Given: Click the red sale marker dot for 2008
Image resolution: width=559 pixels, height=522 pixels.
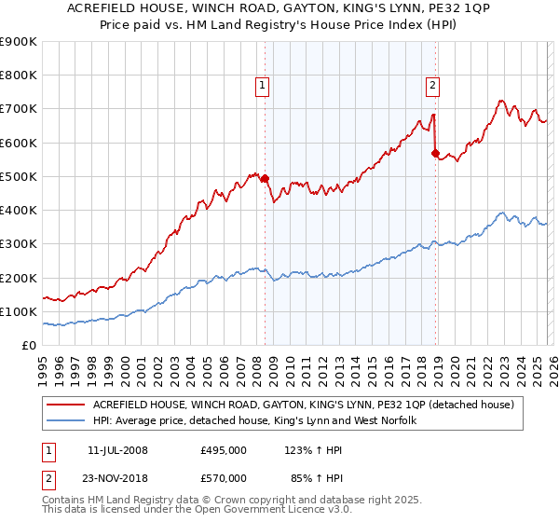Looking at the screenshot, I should coord(265,178).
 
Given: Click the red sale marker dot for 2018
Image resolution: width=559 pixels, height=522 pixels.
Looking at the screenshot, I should coord(435,153).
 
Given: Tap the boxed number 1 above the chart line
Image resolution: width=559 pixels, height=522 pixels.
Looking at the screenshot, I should coord(263,86).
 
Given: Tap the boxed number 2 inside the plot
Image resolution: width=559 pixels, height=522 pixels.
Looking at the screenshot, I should coord(433,86).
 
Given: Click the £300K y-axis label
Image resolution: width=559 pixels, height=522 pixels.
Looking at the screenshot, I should coord(19,244).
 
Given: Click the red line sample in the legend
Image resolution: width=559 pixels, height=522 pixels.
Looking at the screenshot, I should coord(66,405).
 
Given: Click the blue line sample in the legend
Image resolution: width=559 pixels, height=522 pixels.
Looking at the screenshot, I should coord(66,421).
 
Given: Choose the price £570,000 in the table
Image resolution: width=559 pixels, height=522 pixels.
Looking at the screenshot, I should coord(224,477).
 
